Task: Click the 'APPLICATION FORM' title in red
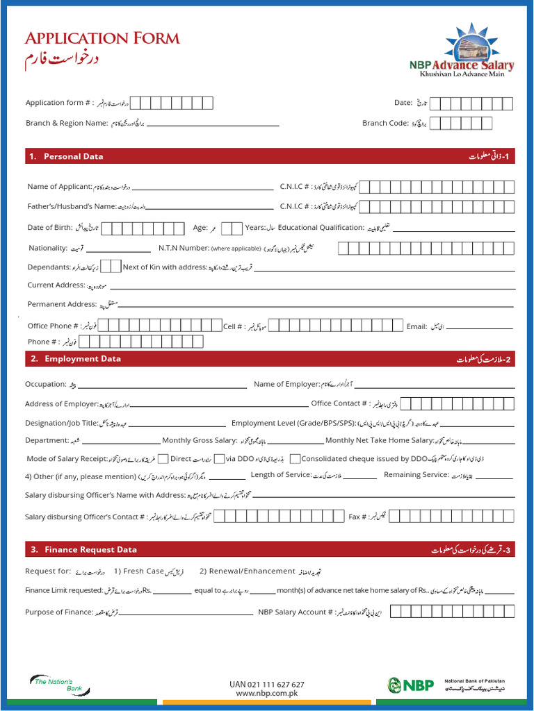tap(102, 38)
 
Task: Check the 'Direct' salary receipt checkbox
tap(163, 458)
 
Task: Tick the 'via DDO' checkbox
tap(219, 458)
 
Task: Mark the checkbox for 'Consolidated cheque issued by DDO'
tap(296, 458)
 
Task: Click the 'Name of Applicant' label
tap(60, 186)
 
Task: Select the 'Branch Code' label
tap(385, 123)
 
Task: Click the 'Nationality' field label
tap(48, 248)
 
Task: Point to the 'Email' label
tap(416, 326)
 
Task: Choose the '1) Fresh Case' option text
tap(139, 571)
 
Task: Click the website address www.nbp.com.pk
tap(266, 693)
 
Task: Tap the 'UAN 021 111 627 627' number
tap(266, 684)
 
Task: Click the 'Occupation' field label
tap(45, 384)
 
